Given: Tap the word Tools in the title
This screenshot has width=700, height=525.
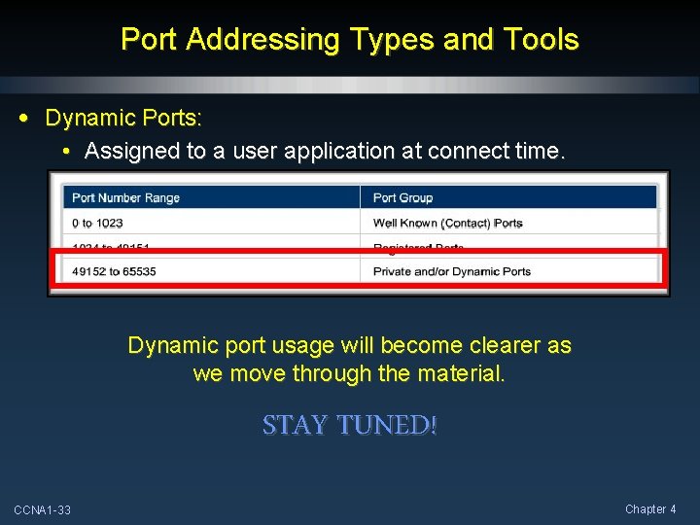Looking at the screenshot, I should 539,40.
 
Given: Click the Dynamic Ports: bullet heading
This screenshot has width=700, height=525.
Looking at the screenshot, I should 123,119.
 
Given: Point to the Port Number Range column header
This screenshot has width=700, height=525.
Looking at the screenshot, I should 125,197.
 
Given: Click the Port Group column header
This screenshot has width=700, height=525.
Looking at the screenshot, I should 402,197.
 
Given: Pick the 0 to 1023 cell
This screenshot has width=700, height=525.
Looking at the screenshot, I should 97,223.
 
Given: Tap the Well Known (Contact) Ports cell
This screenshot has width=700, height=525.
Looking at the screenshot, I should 447,223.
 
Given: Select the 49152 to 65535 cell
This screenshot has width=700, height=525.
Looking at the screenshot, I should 114,271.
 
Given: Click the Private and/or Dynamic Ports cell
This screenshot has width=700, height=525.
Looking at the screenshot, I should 451,271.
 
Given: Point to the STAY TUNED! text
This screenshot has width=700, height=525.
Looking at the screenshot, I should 350,425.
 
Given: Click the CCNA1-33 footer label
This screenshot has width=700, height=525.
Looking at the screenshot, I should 42,510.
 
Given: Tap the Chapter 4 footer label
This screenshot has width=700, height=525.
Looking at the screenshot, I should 650,509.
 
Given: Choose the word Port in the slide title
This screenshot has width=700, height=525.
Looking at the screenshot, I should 149,40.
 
